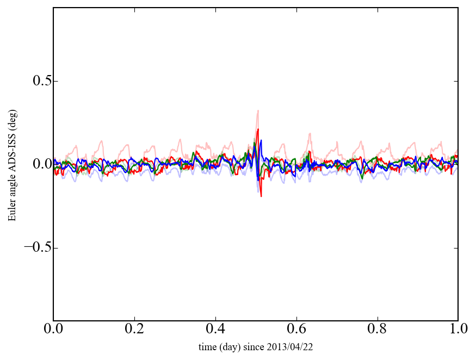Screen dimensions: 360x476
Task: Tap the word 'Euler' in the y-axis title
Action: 13,210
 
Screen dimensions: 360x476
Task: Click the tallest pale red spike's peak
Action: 258,110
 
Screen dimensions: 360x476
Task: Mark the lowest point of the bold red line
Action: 261,196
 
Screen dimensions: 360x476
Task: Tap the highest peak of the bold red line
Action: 258,129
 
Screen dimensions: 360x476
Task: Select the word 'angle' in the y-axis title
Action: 13,184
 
